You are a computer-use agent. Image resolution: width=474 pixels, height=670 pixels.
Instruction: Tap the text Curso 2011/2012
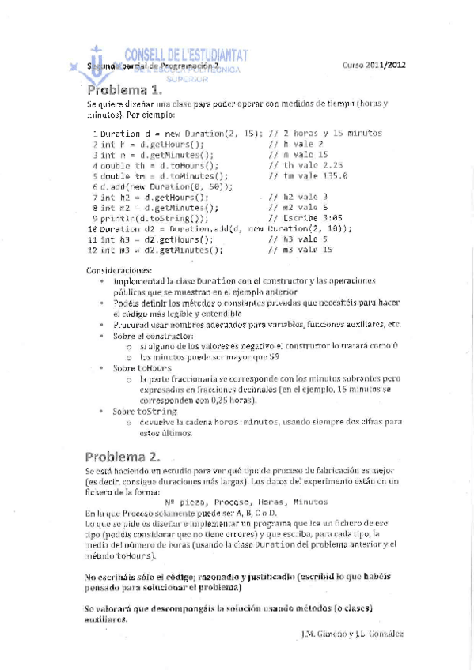tap(374, 66)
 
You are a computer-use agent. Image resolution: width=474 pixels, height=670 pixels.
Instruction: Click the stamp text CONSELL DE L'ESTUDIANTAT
tap(187, 54)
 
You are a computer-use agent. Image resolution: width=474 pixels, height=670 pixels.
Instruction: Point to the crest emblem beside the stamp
tap(95, 62)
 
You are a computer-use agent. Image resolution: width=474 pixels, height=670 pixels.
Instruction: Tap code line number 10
tap(91, 228)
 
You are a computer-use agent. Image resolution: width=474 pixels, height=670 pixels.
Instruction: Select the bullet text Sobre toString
tap(145, 412)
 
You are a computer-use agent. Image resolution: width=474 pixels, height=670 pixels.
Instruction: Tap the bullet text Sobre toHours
tap(142, 368)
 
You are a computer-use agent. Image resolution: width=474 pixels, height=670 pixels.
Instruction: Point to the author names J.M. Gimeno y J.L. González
tap(352, 634)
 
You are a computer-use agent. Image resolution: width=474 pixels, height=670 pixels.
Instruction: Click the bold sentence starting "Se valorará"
tap(229, 612)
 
